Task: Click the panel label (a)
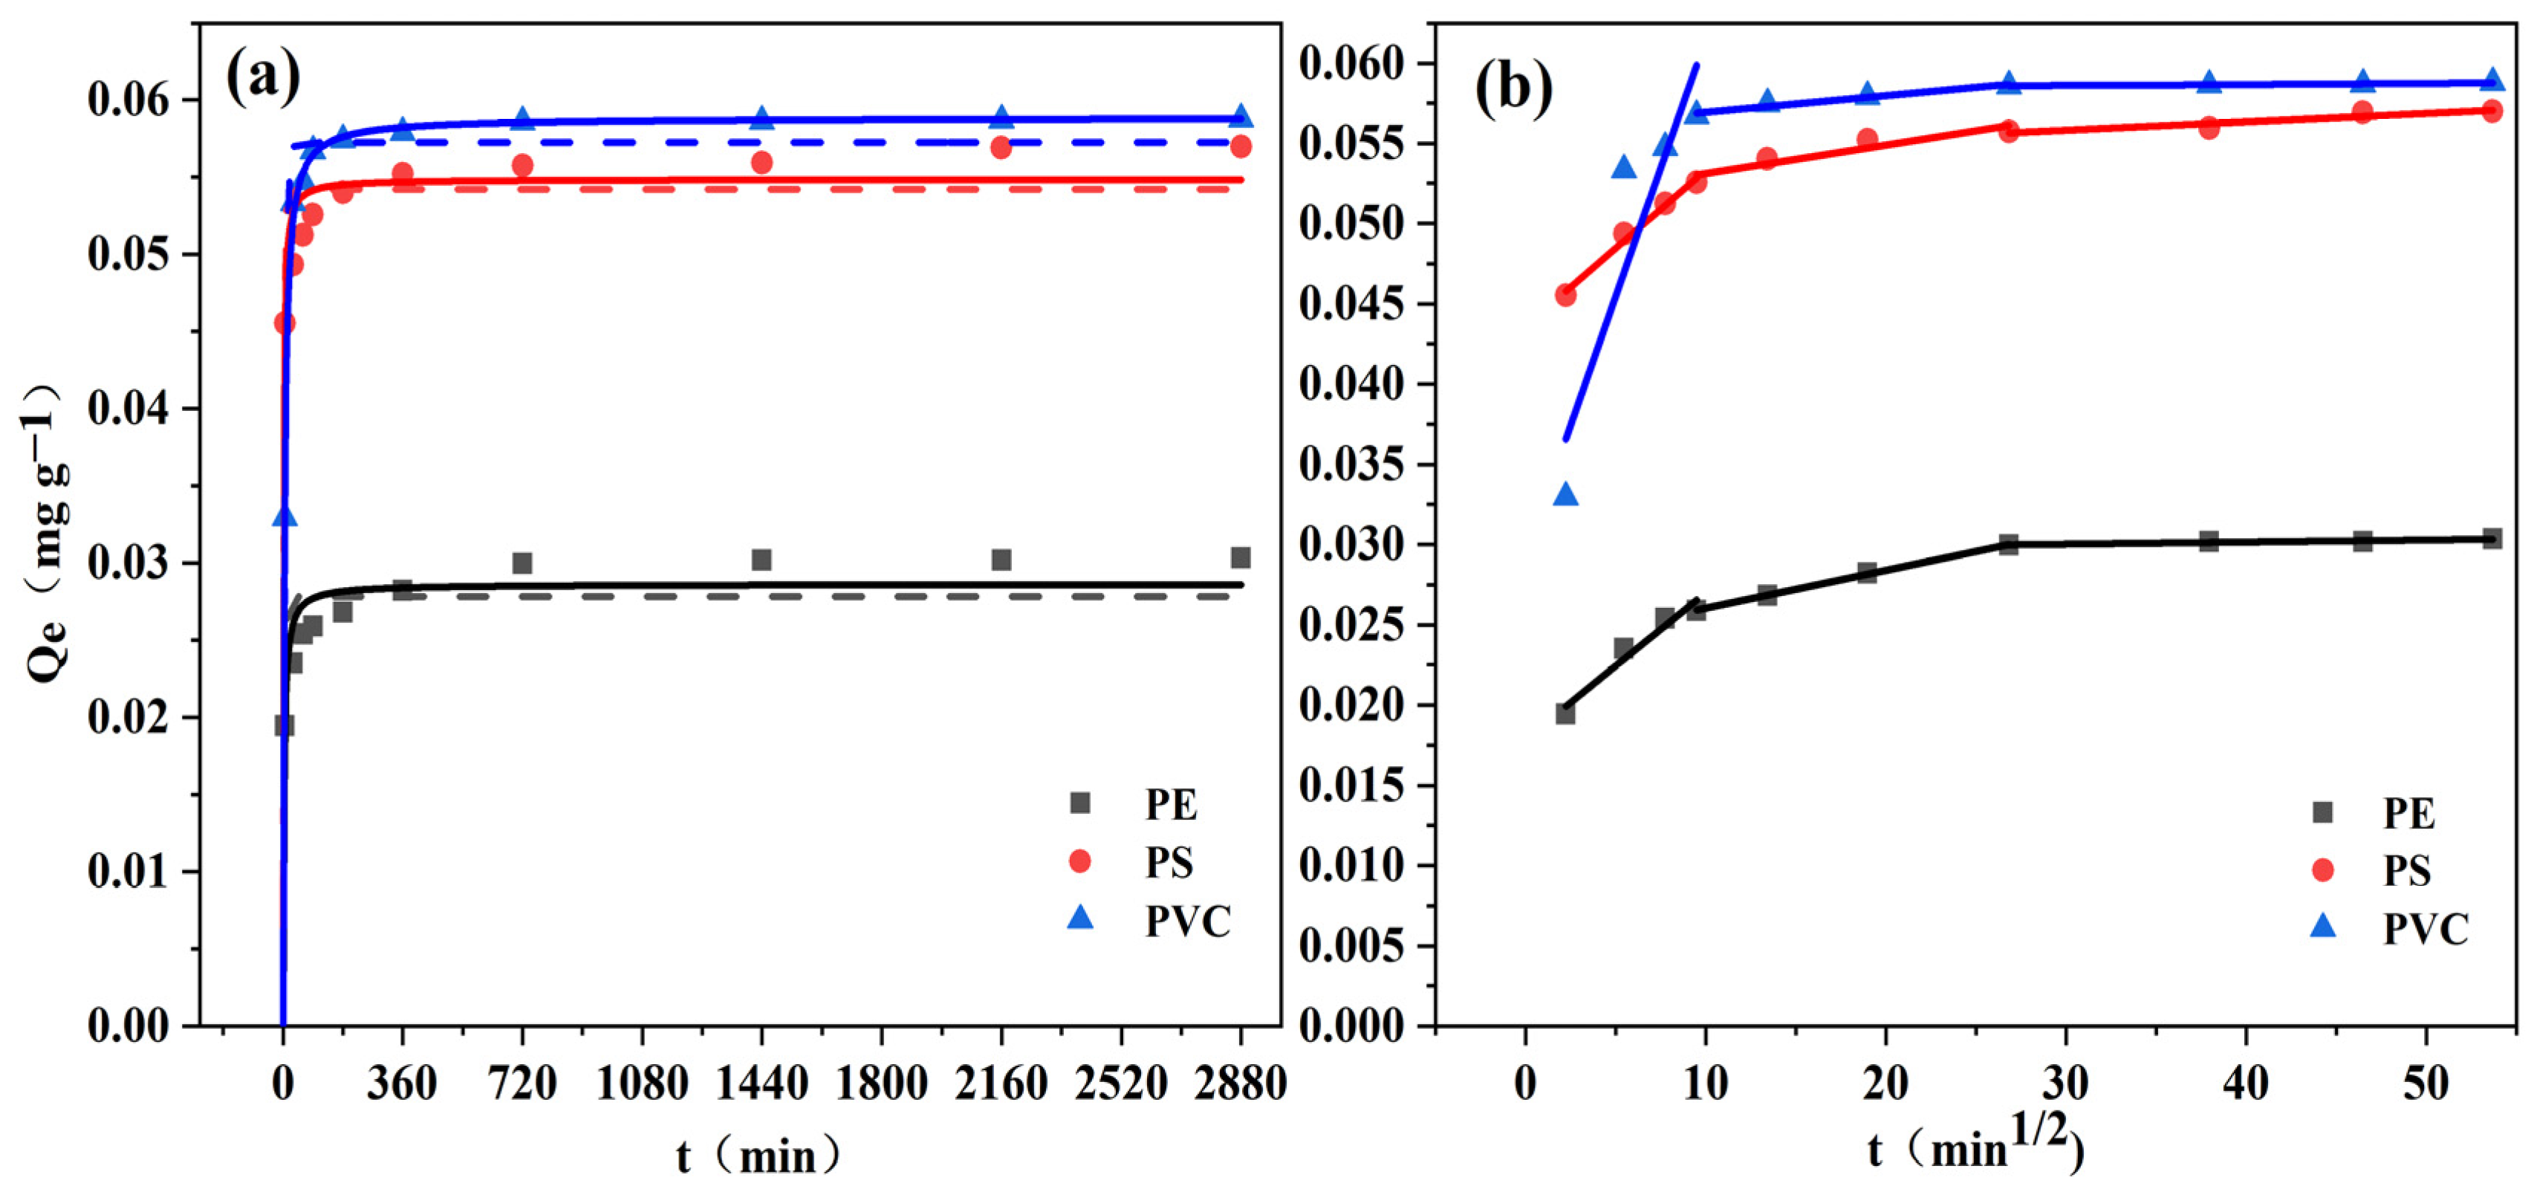click(x=263, y=78)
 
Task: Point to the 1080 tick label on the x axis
click(x=642, y=1084)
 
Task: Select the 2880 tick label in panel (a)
click(x=1240, y=1084)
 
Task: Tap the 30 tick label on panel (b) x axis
click(x=2065, y=1084)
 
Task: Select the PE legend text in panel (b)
click(x=2409, y=814)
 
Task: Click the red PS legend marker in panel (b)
click(x=2322, y=870)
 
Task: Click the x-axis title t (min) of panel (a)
click(x=758, y=1155)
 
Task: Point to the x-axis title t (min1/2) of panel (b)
click(x=1975, y=1147)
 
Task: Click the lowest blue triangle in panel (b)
click(x=1566, y=494)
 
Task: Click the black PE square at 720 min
click(x=522, y=563)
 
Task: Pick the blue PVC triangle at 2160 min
click(x=1001, y=116)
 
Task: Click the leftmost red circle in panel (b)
click(x=1565, y=294)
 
